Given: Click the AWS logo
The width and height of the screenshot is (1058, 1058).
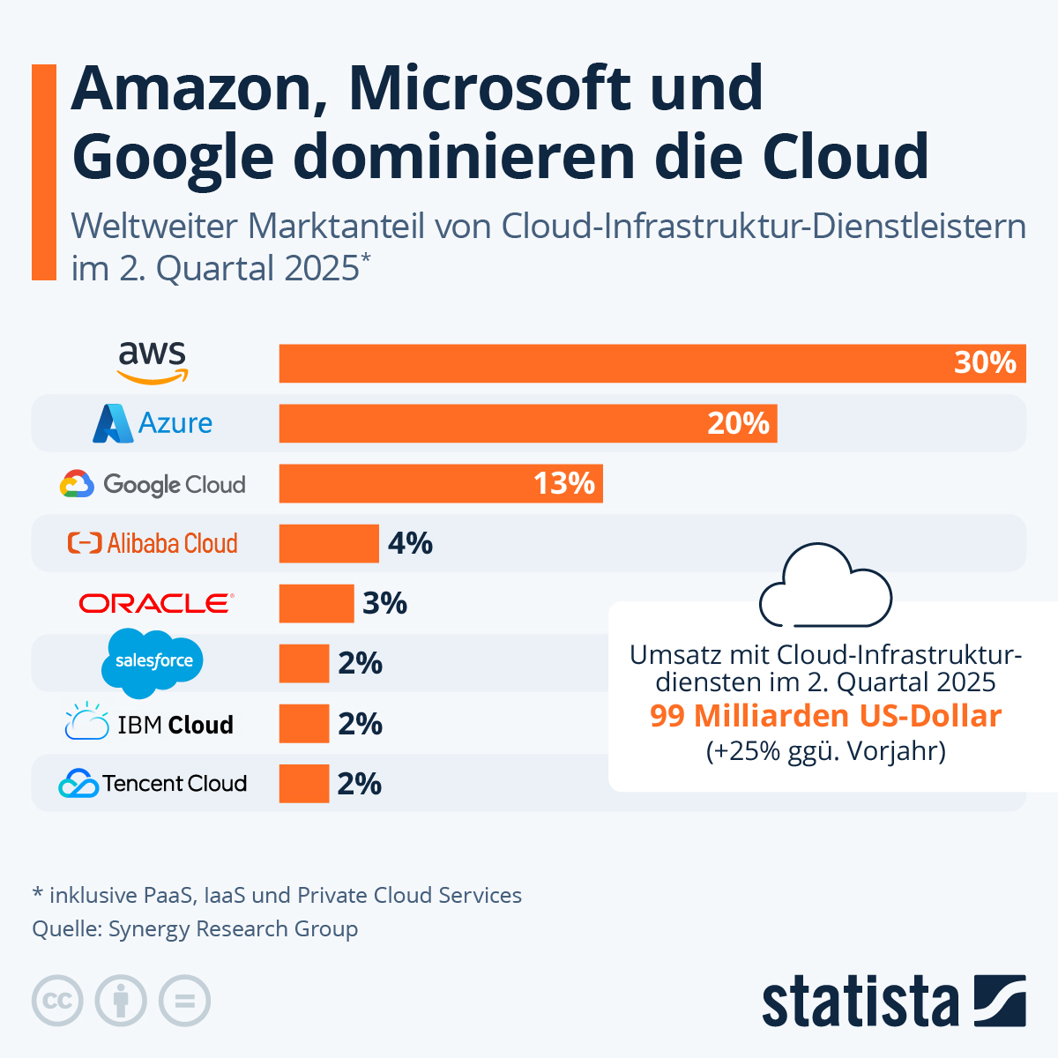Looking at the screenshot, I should pos(153,362).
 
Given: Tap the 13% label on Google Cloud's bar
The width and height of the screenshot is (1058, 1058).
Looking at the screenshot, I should pos(564,483).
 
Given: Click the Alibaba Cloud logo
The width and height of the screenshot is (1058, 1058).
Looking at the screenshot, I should pos(153,543).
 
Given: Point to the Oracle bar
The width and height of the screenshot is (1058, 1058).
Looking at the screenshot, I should pos(316,604).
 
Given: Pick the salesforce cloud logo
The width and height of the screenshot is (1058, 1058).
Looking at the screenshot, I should pos(153,662).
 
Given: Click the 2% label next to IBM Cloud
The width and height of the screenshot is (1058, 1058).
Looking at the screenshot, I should pos(360,724).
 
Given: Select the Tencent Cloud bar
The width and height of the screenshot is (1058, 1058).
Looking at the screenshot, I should pos(303,784).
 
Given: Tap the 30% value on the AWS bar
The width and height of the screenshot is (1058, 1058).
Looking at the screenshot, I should pos(985,362).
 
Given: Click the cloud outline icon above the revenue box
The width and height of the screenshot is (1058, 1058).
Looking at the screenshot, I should pos(825,586).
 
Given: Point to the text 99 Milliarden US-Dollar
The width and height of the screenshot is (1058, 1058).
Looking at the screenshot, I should pos(825,716).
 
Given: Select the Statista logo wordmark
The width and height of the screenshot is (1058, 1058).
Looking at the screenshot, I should pos(860,1002).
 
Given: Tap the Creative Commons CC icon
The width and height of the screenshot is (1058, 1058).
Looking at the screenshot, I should pos(57,1001).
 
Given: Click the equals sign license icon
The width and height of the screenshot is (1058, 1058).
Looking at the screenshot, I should pos(184,1001).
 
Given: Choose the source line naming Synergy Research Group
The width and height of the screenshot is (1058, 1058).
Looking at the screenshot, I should pos(195,928).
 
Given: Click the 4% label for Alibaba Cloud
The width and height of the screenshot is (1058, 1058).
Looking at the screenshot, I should pos(410,543).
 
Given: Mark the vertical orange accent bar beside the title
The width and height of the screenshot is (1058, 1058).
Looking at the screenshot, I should pos(43,172).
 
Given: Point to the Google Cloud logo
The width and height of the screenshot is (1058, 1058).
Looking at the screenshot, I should pos(153,484).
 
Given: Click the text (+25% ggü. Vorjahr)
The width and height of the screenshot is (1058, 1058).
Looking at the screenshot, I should pos(825,751).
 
